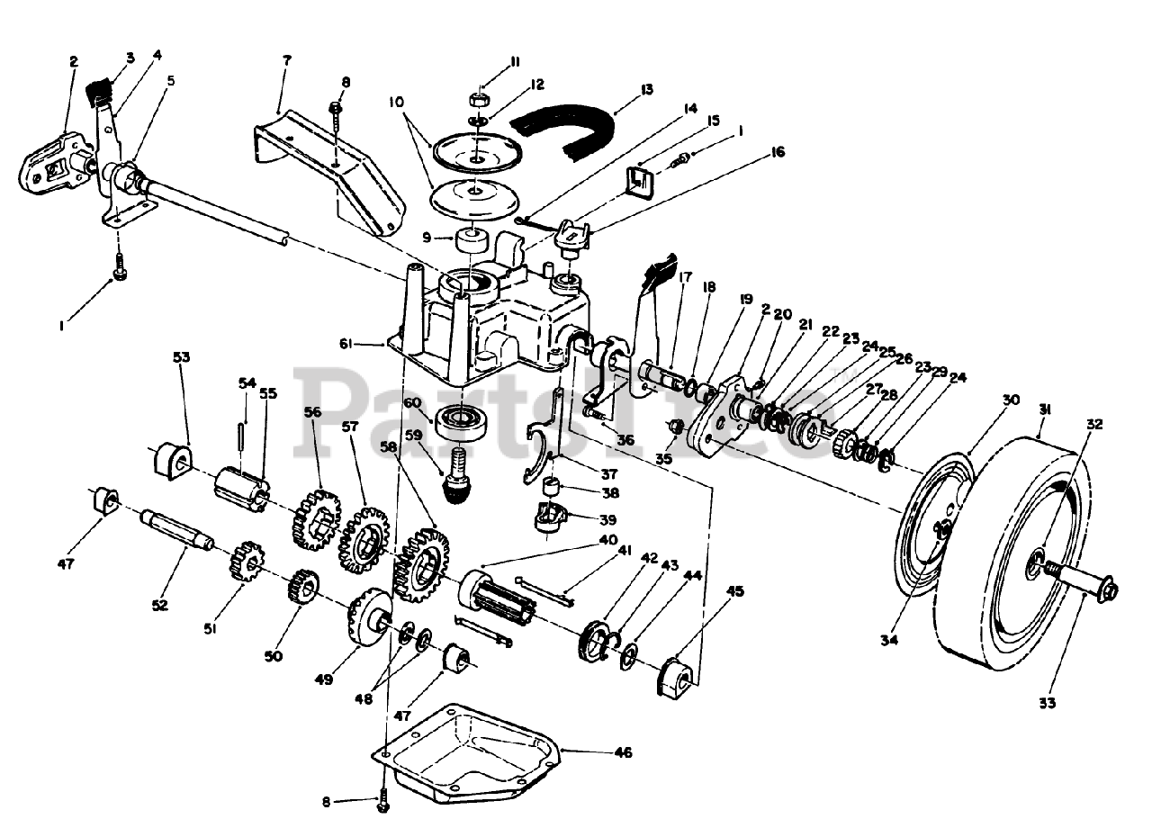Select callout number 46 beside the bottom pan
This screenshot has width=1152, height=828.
click(x=622, y=751)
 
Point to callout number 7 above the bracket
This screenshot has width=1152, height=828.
click(x=286, y=60)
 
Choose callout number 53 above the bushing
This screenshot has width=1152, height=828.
click(x=182, y=357)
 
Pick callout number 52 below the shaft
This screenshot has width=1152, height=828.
click(x=159, y=605)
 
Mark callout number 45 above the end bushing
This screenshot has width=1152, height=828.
click(x=735, y=591)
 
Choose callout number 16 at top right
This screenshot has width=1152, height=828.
click(x=778, y=152)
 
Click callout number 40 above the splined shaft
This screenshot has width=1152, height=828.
click(x=609, y=540)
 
